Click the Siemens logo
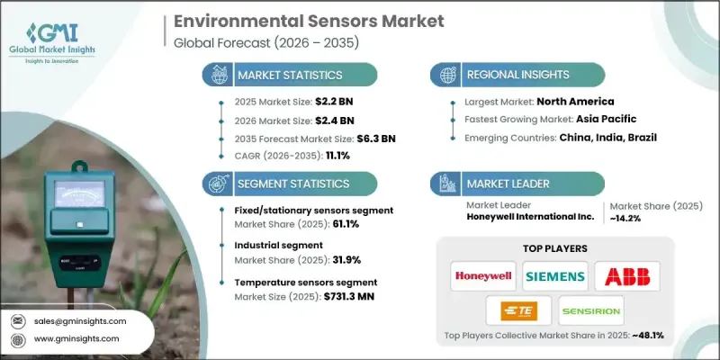point(556,275)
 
